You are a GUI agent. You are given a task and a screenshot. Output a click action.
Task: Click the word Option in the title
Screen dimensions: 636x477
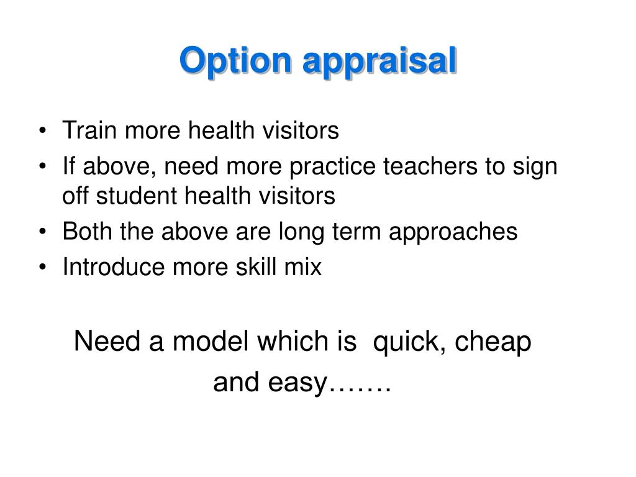pos(235,61)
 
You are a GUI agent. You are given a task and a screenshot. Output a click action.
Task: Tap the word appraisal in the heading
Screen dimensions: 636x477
pos(380,61)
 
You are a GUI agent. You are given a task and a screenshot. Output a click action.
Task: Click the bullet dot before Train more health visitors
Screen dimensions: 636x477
pos(43,130)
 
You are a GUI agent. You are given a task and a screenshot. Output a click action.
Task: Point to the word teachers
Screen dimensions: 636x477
pos(430,166)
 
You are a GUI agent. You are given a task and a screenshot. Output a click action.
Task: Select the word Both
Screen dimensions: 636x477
pos(87,231)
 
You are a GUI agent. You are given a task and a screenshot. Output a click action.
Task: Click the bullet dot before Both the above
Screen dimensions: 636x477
pos(43,232)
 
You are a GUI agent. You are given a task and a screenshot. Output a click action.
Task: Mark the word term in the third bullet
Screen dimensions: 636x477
pos(357,232)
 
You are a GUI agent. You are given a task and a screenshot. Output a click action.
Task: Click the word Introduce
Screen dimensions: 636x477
pos(114,267)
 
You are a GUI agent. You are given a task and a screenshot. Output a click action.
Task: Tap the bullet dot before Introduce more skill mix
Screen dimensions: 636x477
pos(43,267)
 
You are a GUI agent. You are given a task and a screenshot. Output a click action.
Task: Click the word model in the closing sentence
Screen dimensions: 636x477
pos(210,341)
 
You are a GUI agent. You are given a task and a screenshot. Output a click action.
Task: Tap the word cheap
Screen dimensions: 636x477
pos(493,342)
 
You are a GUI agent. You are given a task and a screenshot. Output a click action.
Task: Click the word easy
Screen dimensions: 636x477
pos(298,383)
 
